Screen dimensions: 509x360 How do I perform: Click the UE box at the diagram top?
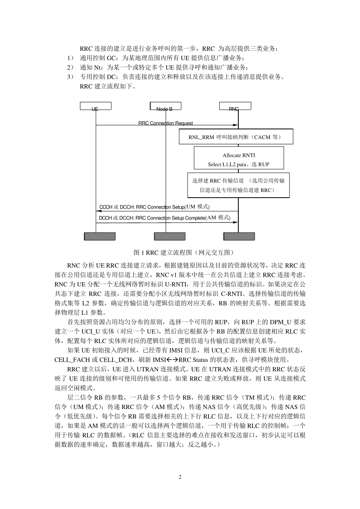click(x=95, y=106)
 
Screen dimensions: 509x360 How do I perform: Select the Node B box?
click(x=166, y=106)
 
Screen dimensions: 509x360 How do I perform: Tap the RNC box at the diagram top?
click(x=235, y=106)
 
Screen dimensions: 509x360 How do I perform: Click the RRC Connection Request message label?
click(x=166, y=123)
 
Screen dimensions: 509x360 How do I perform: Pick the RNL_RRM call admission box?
click(x=236, y=137)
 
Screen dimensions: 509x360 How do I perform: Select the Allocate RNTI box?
click(x=239, y=159)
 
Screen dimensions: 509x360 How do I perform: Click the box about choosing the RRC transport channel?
click(x=238, y=185)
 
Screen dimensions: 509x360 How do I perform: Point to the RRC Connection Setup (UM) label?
click(x=154, y=207)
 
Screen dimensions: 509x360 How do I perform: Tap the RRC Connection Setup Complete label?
click(x=164, y=218)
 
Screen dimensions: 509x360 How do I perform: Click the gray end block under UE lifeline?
click(x=99, y=236)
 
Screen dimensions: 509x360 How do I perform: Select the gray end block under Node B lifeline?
click(x=169, y=236)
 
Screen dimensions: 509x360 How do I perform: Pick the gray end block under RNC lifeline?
click(x=239, y=236)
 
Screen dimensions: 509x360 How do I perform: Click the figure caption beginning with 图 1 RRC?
click(x=180, y=253)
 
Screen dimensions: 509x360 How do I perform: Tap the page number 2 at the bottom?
click(x=180, y=477)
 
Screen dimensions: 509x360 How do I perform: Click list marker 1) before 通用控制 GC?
click(x=70, y=58)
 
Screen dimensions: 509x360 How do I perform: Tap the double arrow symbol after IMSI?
click(x=172, y=359)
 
